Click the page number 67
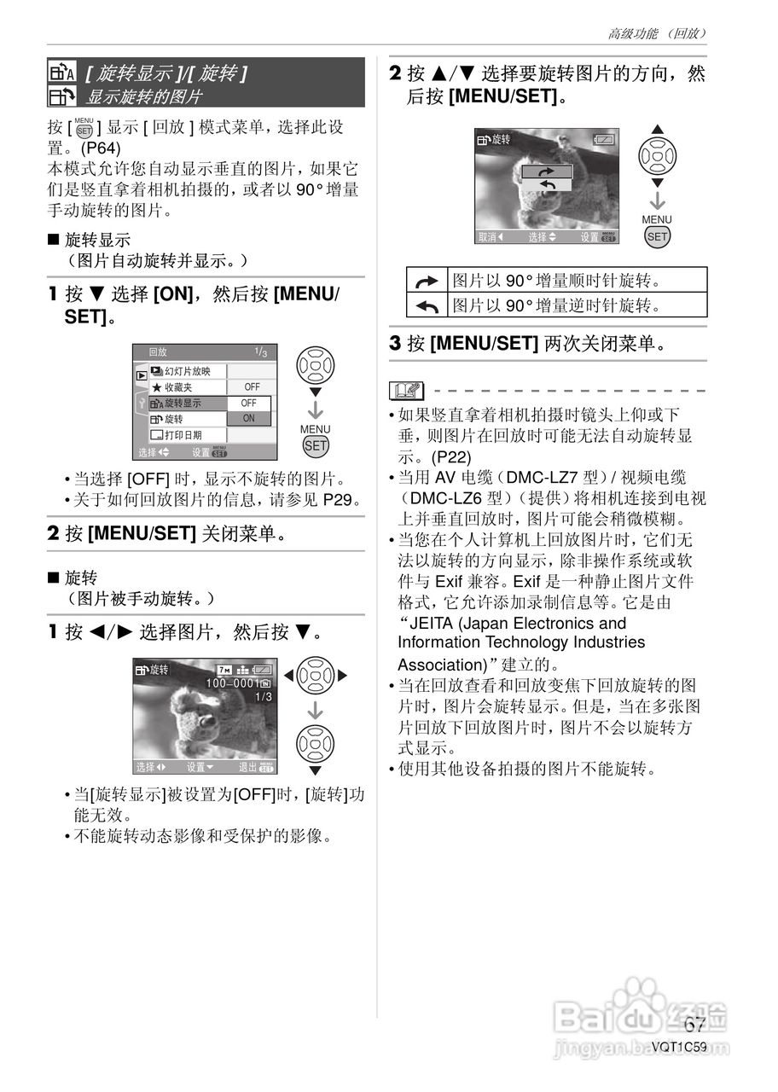(694, 1025)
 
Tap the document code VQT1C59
(679, 1047)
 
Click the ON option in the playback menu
(249, 419)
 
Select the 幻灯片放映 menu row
(188, 371)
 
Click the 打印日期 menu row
(188, 435)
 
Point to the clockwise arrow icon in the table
(427, 280)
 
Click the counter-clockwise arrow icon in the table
(427, 305)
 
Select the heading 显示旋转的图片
(144, 96)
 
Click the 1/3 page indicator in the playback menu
(260, 351)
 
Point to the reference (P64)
(102, 147)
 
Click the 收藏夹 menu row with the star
(188, 387)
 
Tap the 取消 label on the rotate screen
(490, 237)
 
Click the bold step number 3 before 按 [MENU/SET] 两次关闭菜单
(395, 344)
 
